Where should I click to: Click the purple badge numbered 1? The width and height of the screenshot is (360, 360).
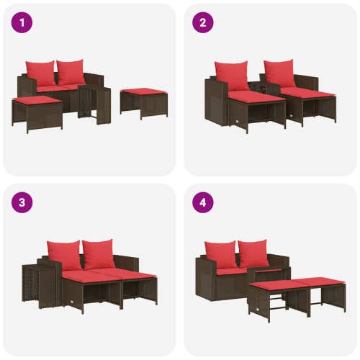click(22, 22)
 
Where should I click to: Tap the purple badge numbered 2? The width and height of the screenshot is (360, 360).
click(202, 22)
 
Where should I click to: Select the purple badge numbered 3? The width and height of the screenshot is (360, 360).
click(22, 202)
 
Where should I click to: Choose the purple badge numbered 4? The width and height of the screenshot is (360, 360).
click(202, 202)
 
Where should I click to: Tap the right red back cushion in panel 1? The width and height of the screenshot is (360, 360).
click(71, 72)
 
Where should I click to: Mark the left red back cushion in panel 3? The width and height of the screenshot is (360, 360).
click(64, 253)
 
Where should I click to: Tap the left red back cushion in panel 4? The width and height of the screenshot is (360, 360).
click(221, 253)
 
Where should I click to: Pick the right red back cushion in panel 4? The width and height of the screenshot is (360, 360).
click(253, 253)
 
